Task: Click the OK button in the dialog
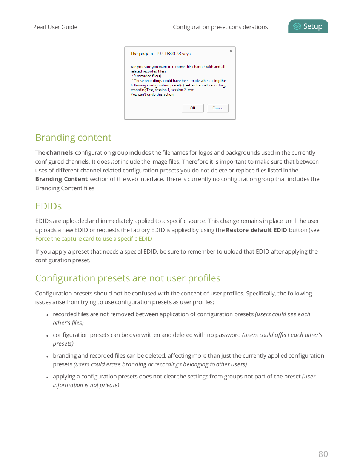click(192, 108)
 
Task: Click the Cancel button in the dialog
click(218, 108)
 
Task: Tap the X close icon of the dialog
click(231, 51)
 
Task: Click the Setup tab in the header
click(308, 26)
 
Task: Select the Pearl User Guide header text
click(55, 27)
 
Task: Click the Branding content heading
click(73, 137)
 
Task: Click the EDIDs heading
click(48, 206)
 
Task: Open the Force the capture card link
click(94, 239)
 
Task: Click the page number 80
click(323, 454)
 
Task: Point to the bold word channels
click(60, 153)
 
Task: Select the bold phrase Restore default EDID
click(256, 230)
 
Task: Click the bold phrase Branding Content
click(62, 179)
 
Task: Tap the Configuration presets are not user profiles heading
click(128, 278)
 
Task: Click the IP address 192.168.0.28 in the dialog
click(168, 54)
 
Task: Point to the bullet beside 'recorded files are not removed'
click(48, 315)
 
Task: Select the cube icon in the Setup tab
click(297, 26)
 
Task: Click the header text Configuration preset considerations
click(220, 27)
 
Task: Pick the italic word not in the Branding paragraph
click(115, 162)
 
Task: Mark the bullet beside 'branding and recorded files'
click(48, 356)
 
